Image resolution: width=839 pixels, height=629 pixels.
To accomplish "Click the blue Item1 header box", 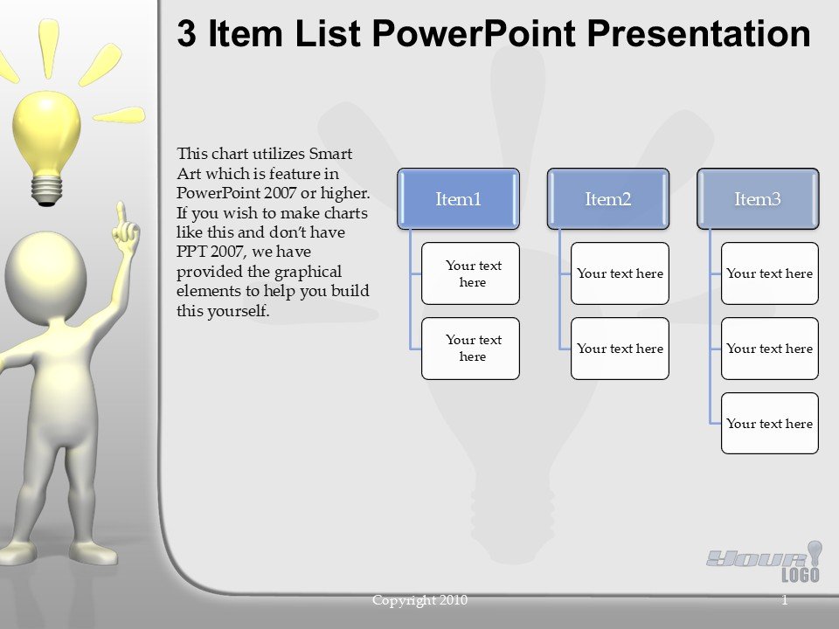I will [459, 199].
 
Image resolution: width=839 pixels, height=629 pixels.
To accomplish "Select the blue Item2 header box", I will [608, 199].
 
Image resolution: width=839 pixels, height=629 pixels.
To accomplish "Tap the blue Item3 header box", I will [758, 199].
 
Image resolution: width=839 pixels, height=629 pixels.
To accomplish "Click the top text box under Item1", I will [470, 273].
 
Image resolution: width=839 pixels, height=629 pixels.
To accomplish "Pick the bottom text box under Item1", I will [470, 349].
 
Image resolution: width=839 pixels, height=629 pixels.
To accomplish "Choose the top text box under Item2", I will [620, 273].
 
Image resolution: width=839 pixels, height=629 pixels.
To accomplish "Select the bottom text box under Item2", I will [620, 349].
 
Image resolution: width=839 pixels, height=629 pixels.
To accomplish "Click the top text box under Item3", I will [769, 273].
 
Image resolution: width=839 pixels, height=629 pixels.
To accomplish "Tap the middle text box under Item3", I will [769, 349].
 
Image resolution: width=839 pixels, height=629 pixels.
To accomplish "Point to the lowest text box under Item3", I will [769, 424].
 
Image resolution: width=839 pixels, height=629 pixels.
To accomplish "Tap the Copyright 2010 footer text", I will [419, 600].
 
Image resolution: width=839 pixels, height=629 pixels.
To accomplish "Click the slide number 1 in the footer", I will [784, 600].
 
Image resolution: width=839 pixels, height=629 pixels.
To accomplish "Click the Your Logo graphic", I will [765, 561].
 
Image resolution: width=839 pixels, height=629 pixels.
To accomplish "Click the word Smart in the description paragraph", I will [330, 154].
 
